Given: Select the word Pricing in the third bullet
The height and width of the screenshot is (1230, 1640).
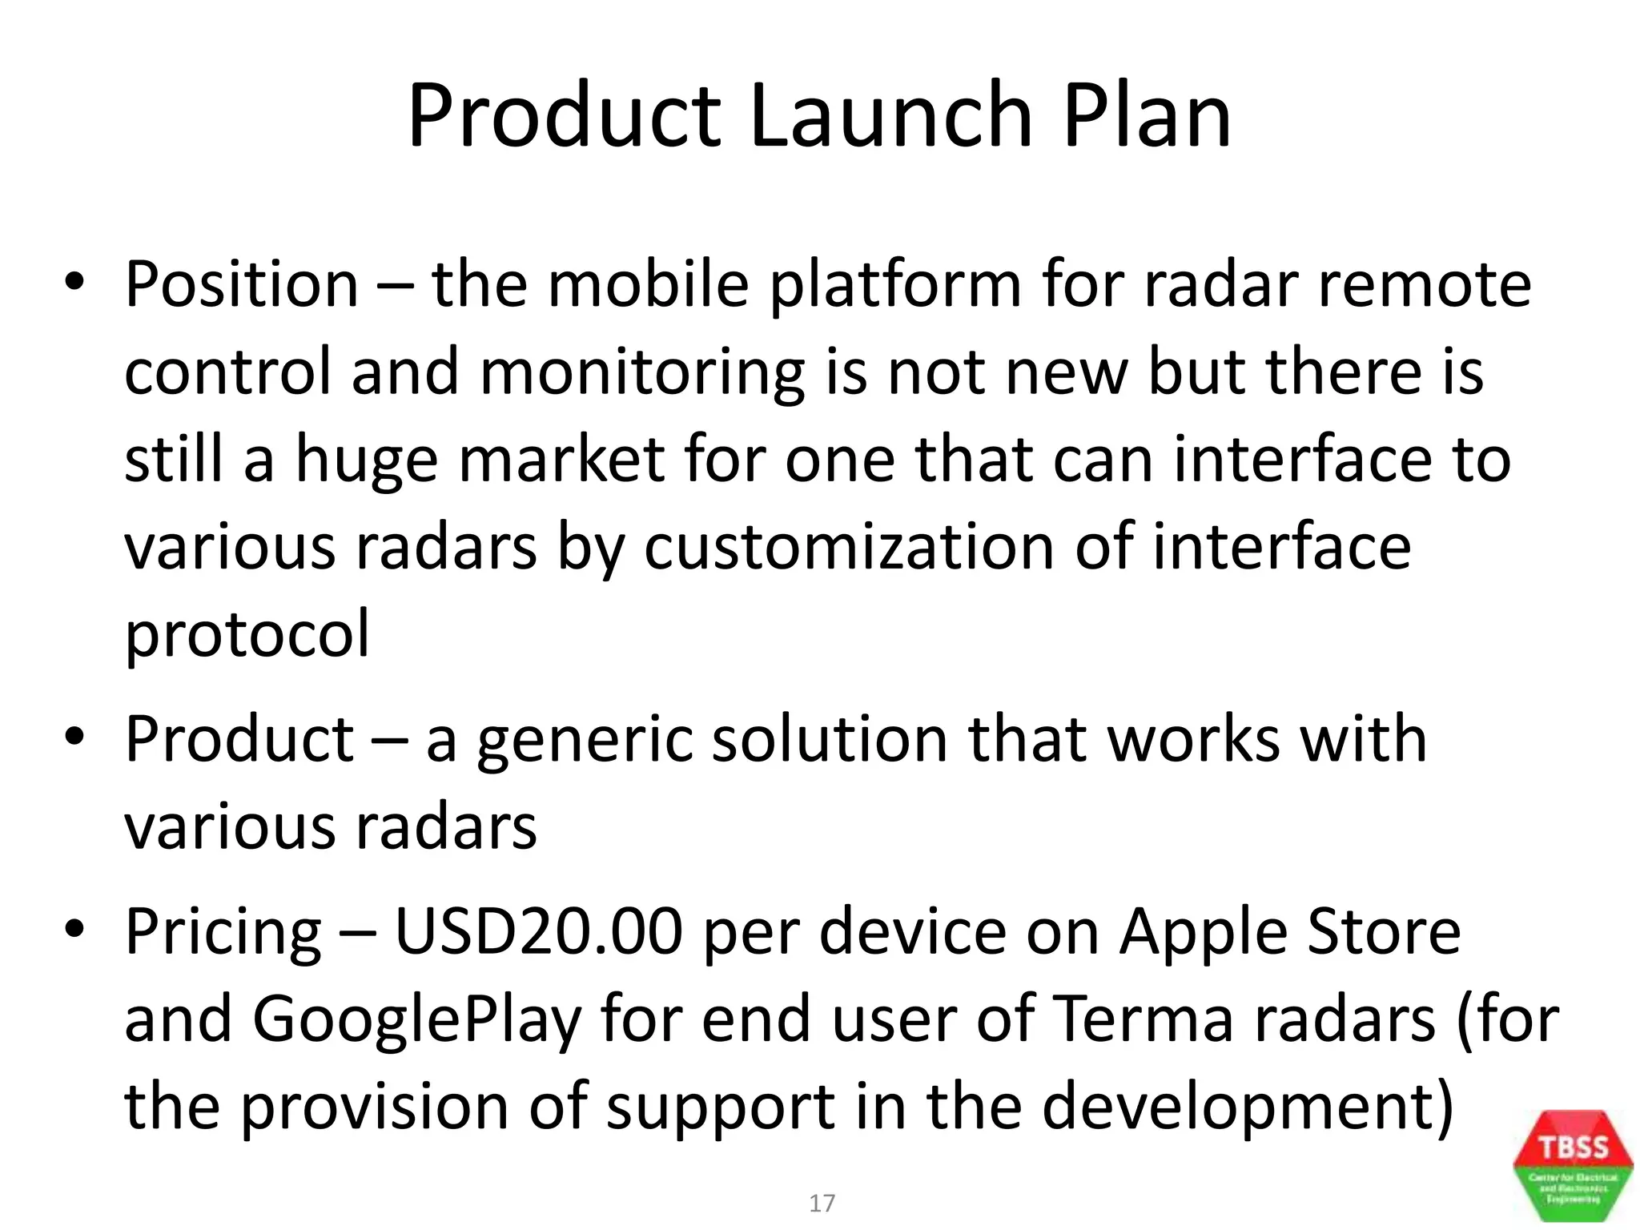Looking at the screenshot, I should coord(223,934).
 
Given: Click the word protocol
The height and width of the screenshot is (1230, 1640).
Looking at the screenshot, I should coord(247,635).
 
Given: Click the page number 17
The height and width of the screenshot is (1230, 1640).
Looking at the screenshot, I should coord(822,1203).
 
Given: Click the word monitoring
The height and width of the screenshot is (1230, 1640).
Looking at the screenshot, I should coord(641,374).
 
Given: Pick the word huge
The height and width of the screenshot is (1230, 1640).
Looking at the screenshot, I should coord(366,461).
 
